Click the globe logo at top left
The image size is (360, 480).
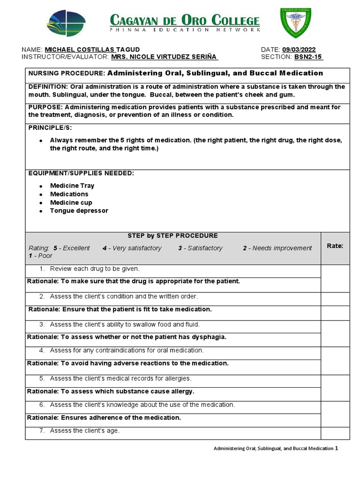tap(66, 23)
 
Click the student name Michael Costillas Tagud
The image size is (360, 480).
tap(92, 50)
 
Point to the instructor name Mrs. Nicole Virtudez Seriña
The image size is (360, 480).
tap(164, 57)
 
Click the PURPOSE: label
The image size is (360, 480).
tap(44, 107)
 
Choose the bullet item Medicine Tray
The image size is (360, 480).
tap(72, 186)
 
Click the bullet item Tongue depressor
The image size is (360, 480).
tap(79, 211)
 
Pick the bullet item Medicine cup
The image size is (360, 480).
tap(71, 202)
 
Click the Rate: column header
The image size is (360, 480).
tap(335, 246)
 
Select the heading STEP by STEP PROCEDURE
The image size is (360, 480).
tap(172, 236)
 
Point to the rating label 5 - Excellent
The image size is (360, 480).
tap(71, 248)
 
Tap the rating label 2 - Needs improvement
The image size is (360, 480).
tap(277, 248)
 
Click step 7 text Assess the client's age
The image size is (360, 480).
tap(85, 431)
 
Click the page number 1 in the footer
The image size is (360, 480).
tap(336, 448)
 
